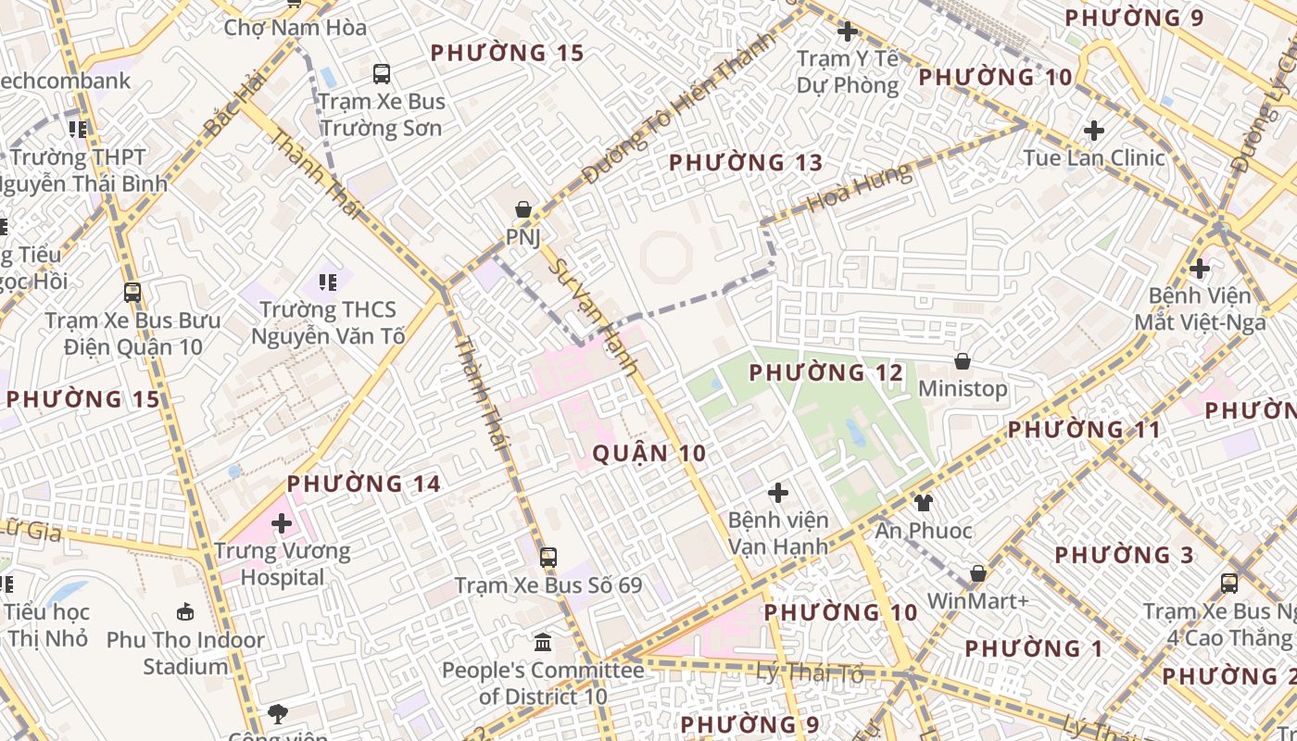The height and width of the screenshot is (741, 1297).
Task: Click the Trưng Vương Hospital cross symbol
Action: [x=281, y=524]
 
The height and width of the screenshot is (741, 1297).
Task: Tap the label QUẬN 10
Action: [x=648, y=453]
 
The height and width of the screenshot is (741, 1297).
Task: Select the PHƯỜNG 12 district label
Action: [x=825, y=372]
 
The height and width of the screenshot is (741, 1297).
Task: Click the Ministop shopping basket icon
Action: [x=963, y=360]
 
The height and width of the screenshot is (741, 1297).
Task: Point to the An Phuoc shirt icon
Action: [x=924, y=503]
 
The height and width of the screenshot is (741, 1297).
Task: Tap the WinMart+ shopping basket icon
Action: [x=977, y=573]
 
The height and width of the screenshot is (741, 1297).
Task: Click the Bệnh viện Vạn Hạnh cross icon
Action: [x=778, y=492]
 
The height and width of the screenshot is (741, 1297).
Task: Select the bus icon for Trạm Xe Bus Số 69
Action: [x=548, y=558]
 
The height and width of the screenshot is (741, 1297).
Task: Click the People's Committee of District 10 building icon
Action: [x=543, y=642]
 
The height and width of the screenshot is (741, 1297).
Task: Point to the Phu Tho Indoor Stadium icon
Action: [x=185, y=612]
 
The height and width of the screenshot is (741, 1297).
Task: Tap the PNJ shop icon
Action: [x=523, y=209]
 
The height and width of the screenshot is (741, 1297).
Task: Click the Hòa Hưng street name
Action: [x=859, y=189]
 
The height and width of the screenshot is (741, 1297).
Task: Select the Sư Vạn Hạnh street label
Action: [x=594, y=316]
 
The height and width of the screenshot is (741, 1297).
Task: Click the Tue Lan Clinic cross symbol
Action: [x=1094, y=130]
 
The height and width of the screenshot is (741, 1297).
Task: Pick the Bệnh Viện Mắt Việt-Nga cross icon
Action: [x=1200, y=269]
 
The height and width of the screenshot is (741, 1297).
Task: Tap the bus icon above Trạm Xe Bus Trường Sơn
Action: [x=381, y=74]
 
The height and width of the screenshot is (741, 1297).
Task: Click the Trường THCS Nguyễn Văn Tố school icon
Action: [x=327, y=281]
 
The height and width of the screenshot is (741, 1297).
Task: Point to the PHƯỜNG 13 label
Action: [x=746, y=163]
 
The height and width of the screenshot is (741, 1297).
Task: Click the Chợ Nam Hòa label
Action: [x=296, y=28]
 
